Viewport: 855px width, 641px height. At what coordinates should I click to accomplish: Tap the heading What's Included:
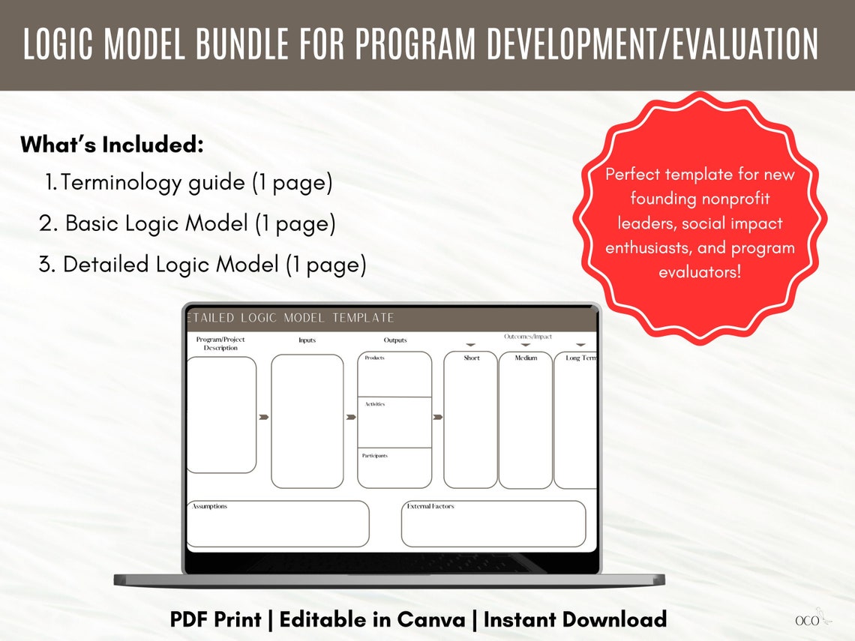[112, 145]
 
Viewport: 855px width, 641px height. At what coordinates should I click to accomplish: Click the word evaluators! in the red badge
[700, 271]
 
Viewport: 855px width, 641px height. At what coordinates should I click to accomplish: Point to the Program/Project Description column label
[220, 343]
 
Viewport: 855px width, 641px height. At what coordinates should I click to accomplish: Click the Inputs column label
[307, 340]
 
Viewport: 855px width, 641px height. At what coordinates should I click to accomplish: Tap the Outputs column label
[395, 340]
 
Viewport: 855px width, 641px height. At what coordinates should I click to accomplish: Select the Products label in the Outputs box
[375, 358]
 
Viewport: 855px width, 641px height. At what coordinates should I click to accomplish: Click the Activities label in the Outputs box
[375, 404]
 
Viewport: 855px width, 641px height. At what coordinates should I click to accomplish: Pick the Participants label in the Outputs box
[375, 456]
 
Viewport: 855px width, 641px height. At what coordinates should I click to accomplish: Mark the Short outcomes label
[471, 358]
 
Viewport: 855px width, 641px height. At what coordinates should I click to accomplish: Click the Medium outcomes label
[526, 358]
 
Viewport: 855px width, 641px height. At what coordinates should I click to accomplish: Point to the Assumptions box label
[210, 507]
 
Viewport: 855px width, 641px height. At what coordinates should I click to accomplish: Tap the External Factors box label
[430, 507]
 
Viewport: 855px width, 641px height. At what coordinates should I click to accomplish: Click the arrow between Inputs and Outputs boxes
[350, 417]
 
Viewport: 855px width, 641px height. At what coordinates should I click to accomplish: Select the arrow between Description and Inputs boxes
[263, 417]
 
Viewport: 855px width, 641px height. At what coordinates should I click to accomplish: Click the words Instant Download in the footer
[575, 619]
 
